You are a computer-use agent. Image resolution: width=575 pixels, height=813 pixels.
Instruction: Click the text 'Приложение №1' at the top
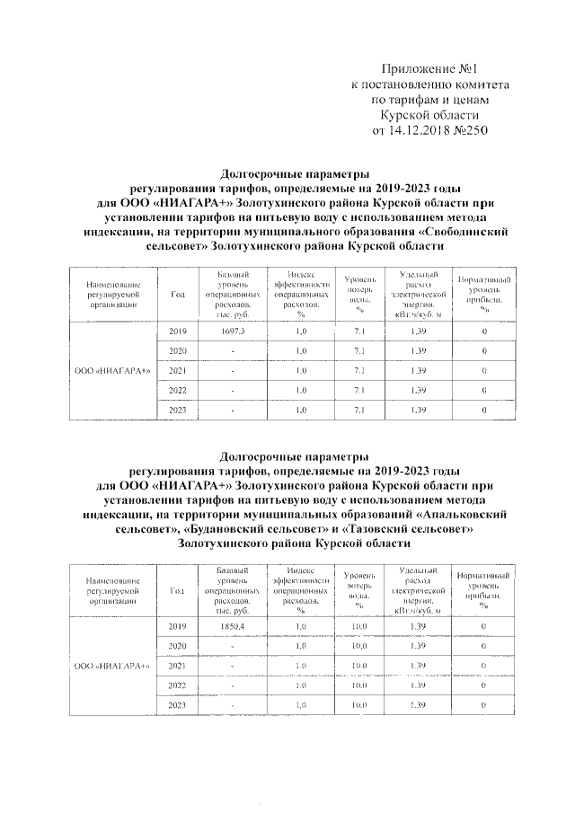pyautogui.click(x=429, y=69)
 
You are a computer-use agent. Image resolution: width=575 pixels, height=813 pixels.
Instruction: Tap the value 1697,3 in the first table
pyautogui.click(x=233, y=331)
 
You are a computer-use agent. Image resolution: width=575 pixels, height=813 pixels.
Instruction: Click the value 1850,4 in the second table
pyautogui.click(x=233, y=625)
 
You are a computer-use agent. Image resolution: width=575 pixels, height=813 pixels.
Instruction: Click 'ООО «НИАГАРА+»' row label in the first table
pyautogui.click(x=112, y=370)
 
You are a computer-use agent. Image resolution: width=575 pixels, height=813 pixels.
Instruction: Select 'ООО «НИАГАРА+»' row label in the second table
pyautogui.click(x=112, y=665)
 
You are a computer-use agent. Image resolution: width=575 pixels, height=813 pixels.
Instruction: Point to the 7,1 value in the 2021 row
pyautogui.click(x=358, y=370)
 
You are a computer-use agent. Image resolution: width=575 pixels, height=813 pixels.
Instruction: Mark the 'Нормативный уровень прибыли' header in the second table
pyautogui.click(x=484, y=589)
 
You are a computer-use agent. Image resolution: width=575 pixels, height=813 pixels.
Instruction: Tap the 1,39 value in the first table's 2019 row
pyautogui.click(x=417, y=331)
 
